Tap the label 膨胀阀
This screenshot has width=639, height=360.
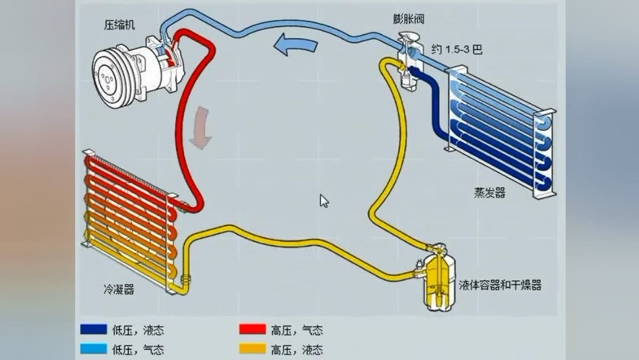(x=408, y=19)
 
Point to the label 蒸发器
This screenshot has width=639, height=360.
(x=489, y=192)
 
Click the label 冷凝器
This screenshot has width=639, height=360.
(x=118, y=289)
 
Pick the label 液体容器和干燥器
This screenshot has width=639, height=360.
(x=500, y=285)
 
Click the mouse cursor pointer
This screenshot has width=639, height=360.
(x=324, y=201)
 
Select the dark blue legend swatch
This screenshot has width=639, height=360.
(x=93, y=330)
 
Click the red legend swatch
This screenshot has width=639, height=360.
(x=252, y=330)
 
